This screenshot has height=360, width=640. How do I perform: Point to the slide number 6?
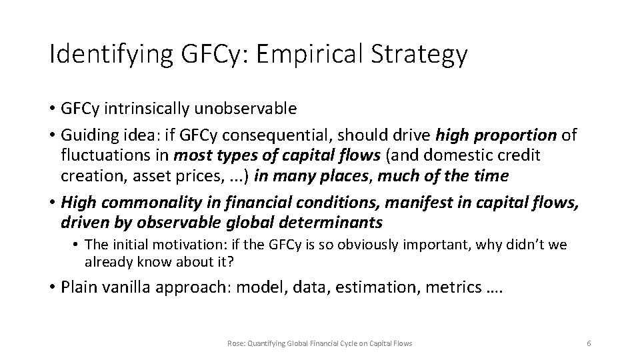click(589, 343)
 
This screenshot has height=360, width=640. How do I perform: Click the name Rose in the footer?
click(236, 343)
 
